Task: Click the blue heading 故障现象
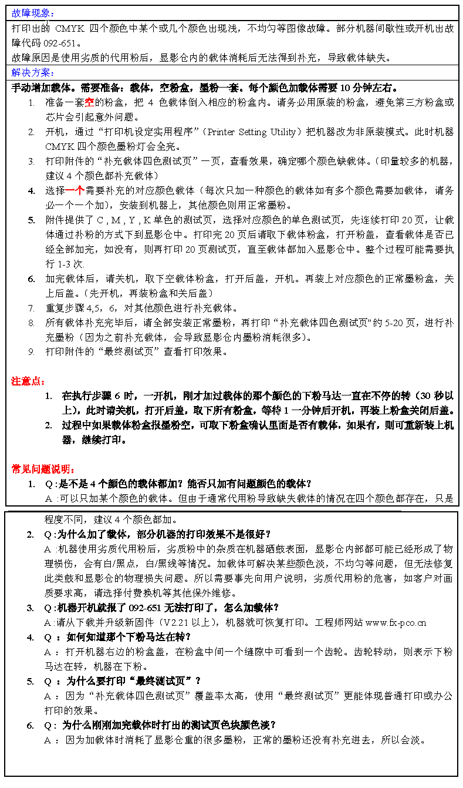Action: point(33,13)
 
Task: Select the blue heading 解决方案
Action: point(33,72)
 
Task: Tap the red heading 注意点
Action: point(28,381)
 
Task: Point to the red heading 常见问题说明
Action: point(43,469)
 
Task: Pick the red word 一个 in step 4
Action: point(75,190)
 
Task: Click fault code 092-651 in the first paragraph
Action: point(60,43)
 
